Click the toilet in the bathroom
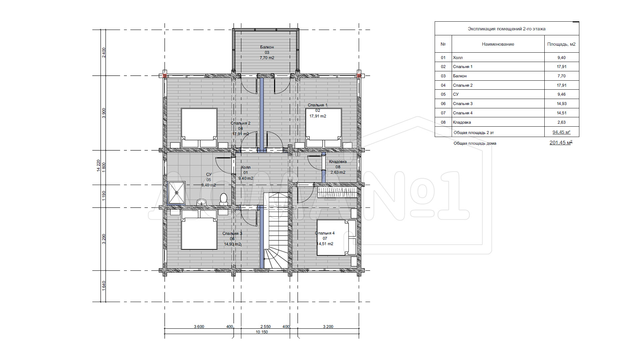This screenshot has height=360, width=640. pyautogui.click(x=224, y=199)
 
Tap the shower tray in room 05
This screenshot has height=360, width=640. pyautogui.click(x=177, y=193)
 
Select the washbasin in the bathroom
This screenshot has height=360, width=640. pyautogui.click(x=201, y=202)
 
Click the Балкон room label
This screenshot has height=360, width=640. pyautogui.click(x=267, y=47)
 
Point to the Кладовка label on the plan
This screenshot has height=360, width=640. pyautogui.click(x=338, y=162)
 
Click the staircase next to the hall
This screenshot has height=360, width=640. pyautogui.click(x=276, y=230)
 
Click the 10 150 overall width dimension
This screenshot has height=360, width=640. pyautogui.click(x=262, y=332)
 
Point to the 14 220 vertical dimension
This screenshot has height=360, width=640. pyautogui.click(x=99, y=165)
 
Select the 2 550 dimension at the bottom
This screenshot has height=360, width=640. pyautogui.click(x=265, y=327)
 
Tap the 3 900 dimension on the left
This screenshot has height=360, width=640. pyautogui.click(x=104, y=113)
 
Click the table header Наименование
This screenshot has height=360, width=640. pyautogui.click(x=498, y=44)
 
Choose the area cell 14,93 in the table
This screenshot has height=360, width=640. pyautogui.click(x=562, y=104)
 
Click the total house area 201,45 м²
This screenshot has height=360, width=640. pyautogui.click(x=561, y=143)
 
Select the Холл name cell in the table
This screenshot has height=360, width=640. pyautogui.click(x=458, y=58)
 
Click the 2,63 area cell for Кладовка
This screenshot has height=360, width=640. pyautogui.click(x=562, y=122)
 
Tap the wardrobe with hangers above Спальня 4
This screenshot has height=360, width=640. pyautogui.click(x=337, y=192)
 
